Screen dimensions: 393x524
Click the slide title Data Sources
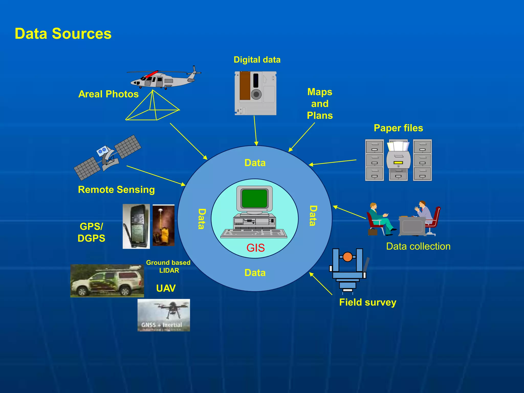click(63, 34)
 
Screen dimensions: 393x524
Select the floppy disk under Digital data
click(255, 93)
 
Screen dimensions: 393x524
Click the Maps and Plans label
click(320, 104)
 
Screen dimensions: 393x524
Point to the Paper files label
click(398, 128)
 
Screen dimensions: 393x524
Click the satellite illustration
click(107, 157)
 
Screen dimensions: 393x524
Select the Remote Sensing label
click(116, 190)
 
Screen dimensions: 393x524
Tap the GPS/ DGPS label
click(91, 232)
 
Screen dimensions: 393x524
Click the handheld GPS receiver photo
click(136, 226)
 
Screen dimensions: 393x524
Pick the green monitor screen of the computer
click(254, 199)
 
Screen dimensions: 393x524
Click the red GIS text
click(255, 248)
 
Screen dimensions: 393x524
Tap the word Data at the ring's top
click(255, 163)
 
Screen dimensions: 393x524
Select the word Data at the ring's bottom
click(255, 273)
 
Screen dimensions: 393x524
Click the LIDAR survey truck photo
click(107, 281)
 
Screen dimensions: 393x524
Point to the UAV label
click(166, 288)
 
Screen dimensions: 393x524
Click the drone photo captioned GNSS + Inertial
click(163, 315)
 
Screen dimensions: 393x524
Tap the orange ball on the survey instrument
click(347, 257)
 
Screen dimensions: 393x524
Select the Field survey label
click(367, 302)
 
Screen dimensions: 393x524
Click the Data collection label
click(418, 246)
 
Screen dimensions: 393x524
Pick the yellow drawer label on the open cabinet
click(398, 162)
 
